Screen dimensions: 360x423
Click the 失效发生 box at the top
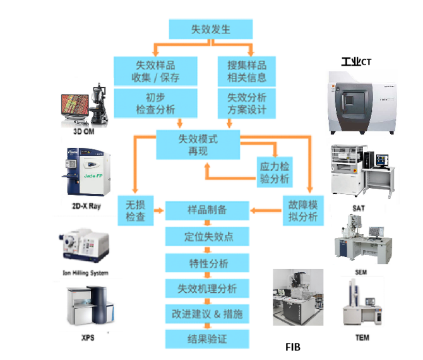tap(210, 29)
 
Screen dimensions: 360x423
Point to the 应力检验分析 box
tap(275, 173)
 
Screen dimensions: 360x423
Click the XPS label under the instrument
tap(88, 338)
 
